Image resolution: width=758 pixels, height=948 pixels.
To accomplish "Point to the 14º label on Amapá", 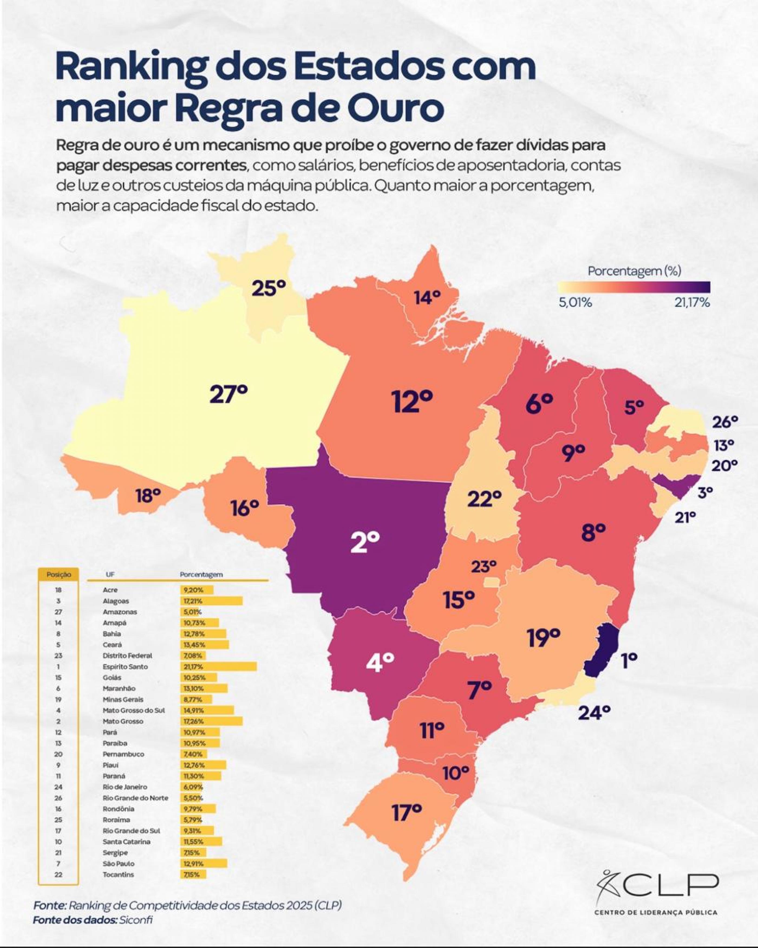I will click(x=427, y=298).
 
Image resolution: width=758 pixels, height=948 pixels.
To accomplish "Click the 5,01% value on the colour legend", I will click(x=575, y=303).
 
